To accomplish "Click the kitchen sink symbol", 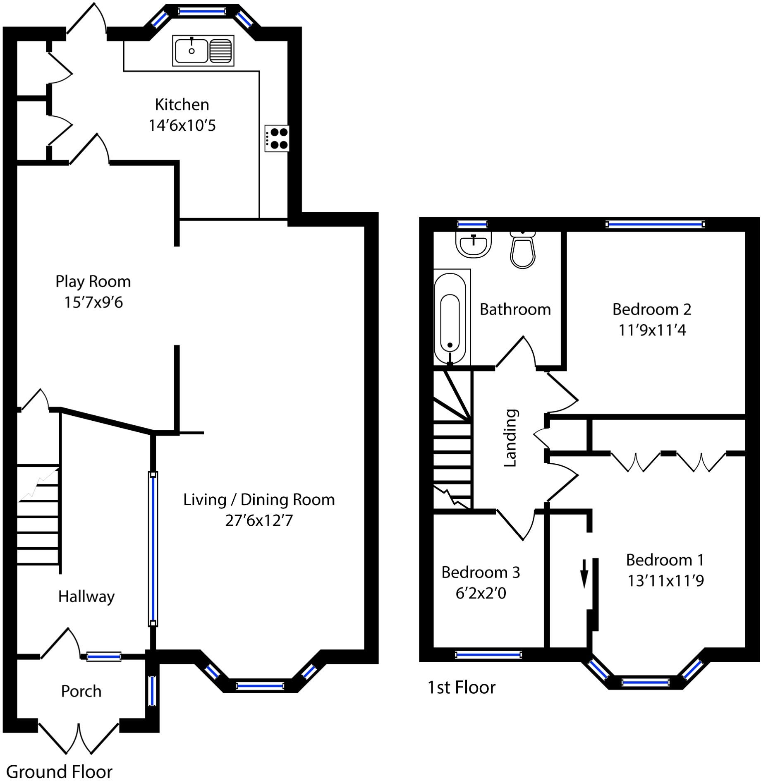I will click(x=203, y=51).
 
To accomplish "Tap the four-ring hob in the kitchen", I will click(x=277, y=139).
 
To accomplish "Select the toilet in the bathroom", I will click(x=523, y=250).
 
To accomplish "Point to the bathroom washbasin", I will click(x=474, y=244).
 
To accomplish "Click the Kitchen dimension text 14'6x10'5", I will click(x=182, y=125).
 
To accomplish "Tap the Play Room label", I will click(x=93, y=282).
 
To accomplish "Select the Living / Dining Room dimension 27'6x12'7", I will click(x=259, y=520).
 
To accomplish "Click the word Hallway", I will click(x=86, y=597).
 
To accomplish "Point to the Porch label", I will click(x=81, y=691).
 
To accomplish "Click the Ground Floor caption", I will click(x=59, y=771).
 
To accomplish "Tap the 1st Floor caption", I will click(x=461, y=688).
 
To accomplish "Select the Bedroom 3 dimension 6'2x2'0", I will click(x=481, y=594).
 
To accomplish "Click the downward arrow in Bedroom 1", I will click(x=584, y=574).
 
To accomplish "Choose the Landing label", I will click(x=510, y=438).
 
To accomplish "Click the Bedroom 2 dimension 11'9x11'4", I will click(x=652, y=331).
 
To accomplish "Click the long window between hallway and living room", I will click(x=153, y=549).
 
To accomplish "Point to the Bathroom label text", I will click(x=515, y=309).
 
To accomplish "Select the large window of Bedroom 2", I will click(x=655, y=225).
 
